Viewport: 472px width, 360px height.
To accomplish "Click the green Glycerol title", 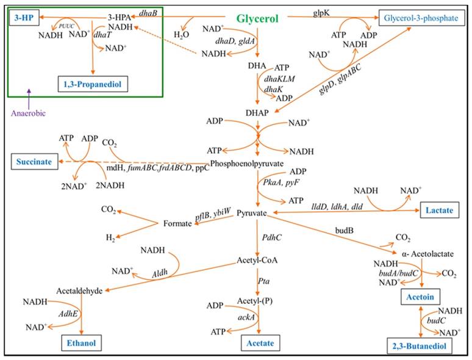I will point(264,19).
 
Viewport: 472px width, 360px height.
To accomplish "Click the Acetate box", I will point(257,343).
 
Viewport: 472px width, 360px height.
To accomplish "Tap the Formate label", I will point(177,225).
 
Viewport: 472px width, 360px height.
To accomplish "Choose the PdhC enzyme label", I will point(271,237).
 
